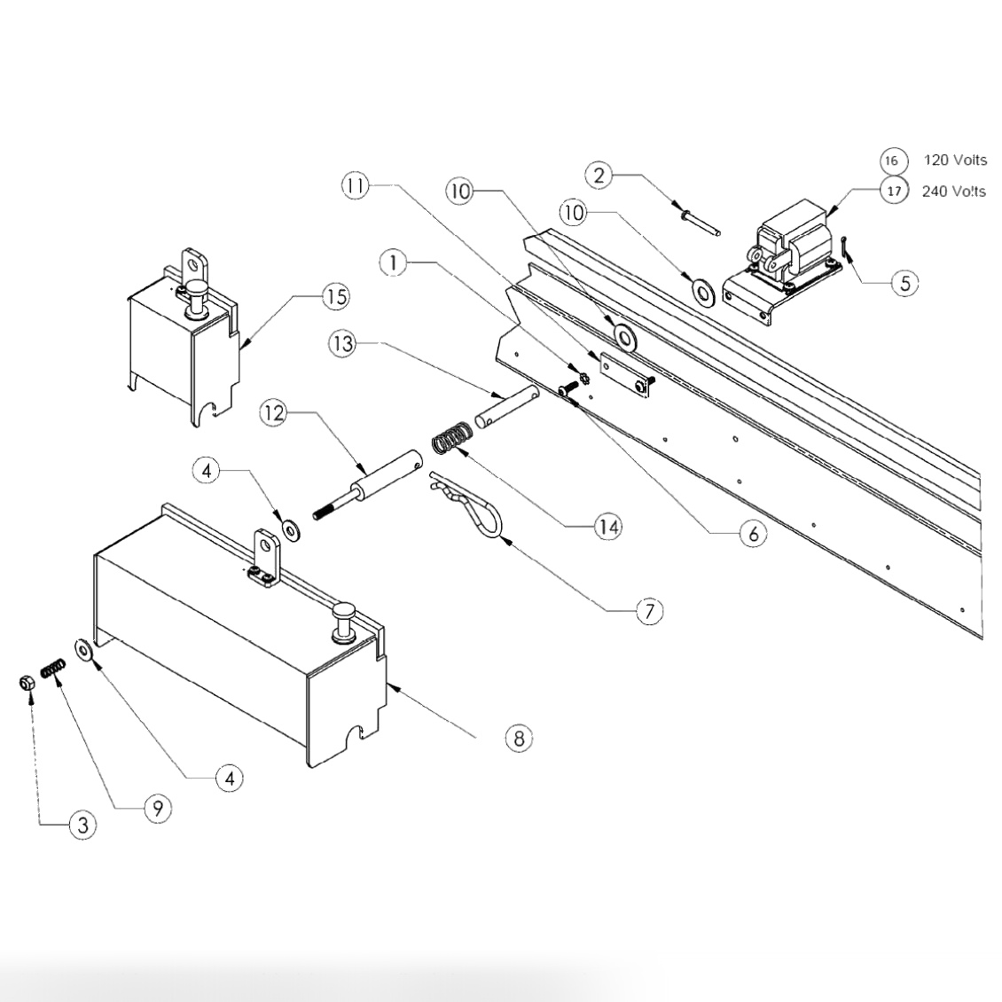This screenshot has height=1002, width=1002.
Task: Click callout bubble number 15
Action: pos(336,296)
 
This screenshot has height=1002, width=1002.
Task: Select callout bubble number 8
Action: pos(519,737)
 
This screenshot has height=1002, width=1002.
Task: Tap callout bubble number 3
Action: pos(82,826)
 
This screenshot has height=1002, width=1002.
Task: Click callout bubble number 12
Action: pos(274,413)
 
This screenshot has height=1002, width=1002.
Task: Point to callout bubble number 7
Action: pos(649,611)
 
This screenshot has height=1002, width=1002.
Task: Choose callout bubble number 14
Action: pos(608,527)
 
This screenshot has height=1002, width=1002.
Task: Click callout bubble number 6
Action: pos(753,533)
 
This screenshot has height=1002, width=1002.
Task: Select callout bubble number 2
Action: pos(599,175)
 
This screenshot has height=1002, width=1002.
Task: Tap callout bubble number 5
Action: pos(904,283)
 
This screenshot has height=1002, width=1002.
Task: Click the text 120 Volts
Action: pos(954,160)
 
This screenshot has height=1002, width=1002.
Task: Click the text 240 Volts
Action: pos(953,191)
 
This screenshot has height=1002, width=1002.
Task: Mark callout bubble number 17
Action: pos(894,191)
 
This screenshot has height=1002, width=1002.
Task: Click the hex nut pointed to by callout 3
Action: pos(27,684)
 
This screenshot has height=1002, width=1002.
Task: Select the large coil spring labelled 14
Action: pos(451,439)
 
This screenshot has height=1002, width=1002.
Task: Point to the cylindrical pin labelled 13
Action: pos(506,404)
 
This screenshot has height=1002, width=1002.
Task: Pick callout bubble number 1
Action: pos(393,263)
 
